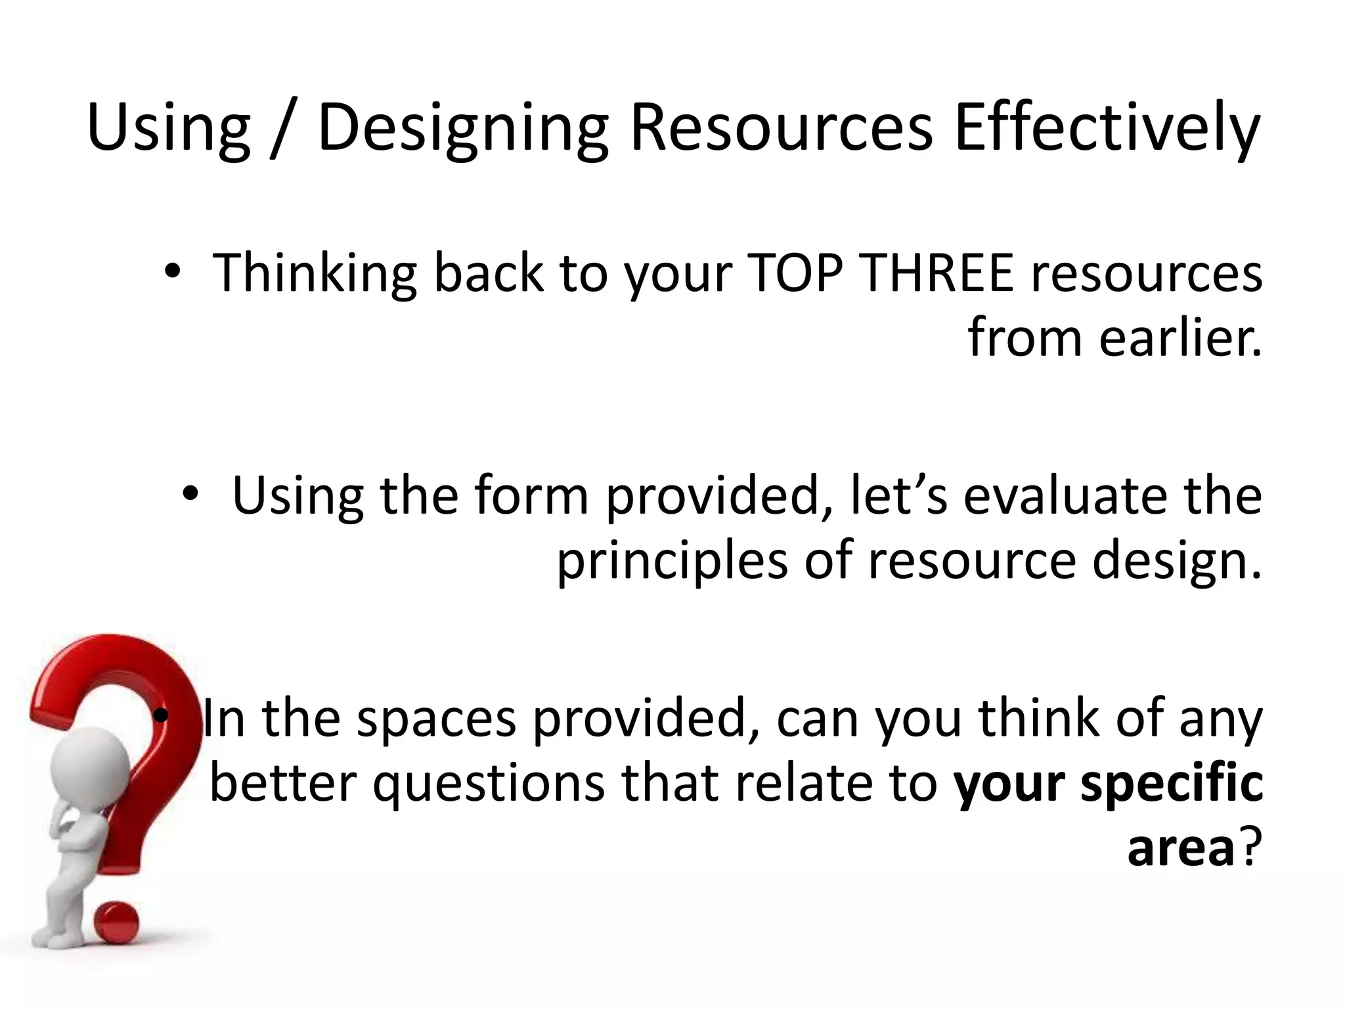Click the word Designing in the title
click(462, 128)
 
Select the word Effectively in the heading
click(1106, 128)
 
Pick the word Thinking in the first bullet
click(314, 274)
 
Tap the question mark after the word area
click(1250, 847)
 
